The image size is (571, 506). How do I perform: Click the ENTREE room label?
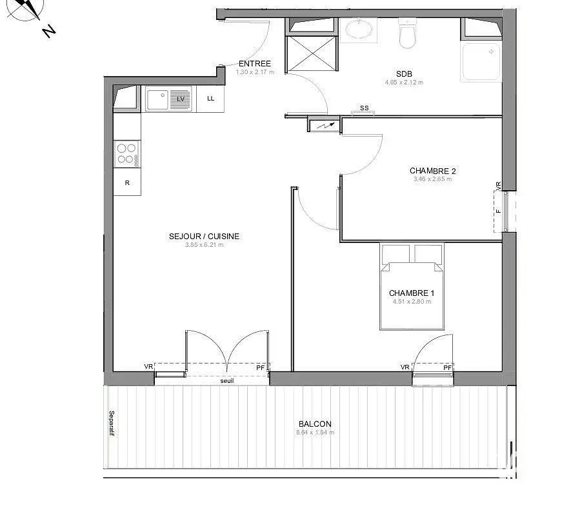tap(255, 64)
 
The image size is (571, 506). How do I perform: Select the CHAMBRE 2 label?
tap(432, 171)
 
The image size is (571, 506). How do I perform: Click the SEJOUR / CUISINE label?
tap(204, 237)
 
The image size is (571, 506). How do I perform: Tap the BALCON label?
tap(314, 424)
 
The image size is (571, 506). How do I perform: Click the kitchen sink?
tap(159, 99)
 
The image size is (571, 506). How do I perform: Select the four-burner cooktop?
tap(126, 153)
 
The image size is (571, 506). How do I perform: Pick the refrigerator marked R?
tap(127, 183)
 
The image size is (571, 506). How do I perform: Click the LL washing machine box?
tap(211, 99)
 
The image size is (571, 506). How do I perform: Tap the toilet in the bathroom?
tap(408, 34)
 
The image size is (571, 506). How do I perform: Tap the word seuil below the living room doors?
tap(227, 381)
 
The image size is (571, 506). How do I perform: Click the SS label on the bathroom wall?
tap(365, 108)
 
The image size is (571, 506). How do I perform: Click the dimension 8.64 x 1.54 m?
tap(315, 433)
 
